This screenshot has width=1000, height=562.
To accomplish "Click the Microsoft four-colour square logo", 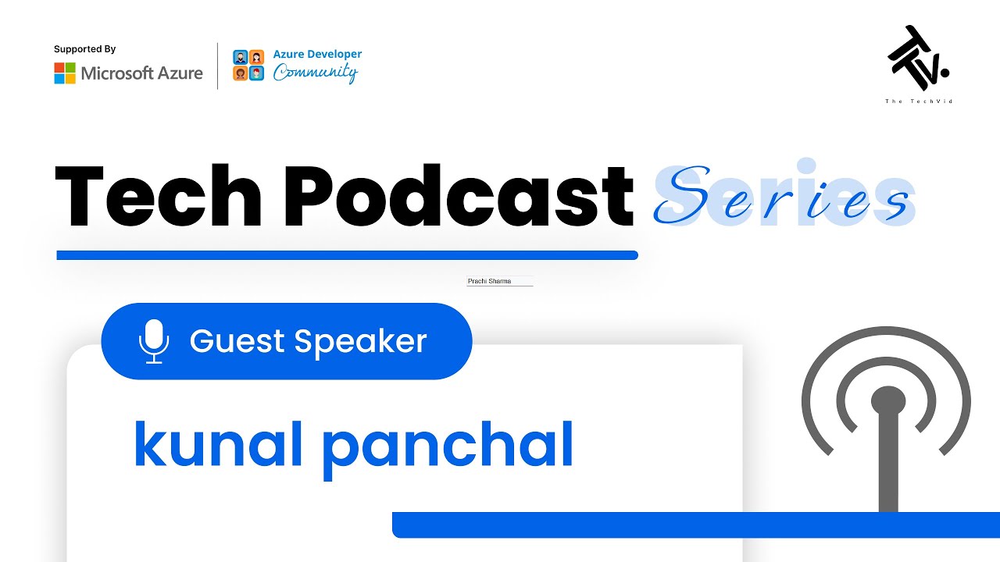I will [x=65, y=73].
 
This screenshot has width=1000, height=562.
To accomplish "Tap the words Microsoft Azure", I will [x=141, y=73].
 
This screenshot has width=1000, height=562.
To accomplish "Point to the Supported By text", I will [x=84, y=49].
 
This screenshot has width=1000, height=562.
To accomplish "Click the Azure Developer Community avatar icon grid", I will [x=248, y=66].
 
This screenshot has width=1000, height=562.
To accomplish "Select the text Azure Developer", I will [x=317, y=54].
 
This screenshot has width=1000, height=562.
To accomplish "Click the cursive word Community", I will [x=315, y=73].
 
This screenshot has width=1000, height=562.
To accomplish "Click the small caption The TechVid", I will [x=918, y=101].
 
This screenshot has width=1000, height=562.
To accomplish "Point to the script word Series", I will [x=782, y=196].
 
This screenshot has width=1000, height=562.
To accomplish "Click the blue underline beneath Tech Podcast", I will [x=347, y=255].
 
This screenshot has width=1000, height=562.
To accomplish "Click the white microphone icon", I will [x=154, y=341].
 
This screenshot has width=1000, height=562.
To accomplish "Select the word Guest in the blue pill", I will [x=237, y=341].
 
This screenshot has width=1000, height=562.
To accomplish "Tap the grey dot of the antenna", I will [x=887, y=401].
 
